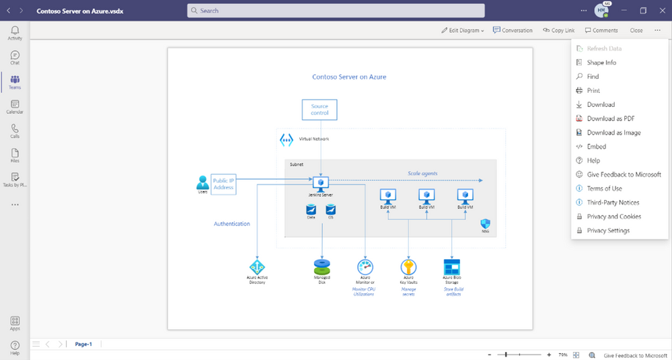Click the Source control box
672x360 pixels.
pyautogui.click(x=320, y=110)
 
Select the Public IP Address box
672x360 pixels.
pyautogui.click(x=223, y=183)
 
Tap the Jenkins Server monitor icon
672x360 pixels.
pyautogui.click(x=320, y=182)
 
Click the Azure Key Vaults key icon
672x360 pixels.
pyautogui.click(x=408, y=266)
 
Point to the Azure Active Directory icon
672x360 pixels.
pyautogui.click(x=257, y=267)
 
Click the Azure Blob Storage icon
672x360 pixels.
pyautogui.click(x=451, y=266)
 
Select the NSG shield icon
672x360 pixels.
pyautogui.click(x=485, y=223)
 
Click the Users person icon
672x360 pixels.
pyautogui.click(x=202, y=182)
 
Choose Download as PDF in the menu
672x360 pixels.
pyautogui.click(x=610, y=118)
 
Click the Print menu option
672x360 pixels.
pyautogui.click(x=593, y=90)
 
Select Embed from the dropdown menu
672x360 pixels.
pyautogui.click(x=596, y=146)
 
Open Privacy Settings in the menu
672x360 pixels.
pyautogui.click(x=608, y=230)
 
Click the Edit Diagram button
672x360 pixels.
pyautogui.click(x=463, y=30)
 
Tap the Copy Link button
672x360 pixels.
pyautogui.click(x=558, y=30)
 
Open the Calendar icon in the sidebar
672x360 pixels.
pyautogui.click(x=15, y=106)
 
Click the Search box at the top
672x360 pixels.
pyautogui.click(x=336, y=11)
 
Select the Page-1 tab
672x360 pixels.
pyautogui.click(x=83, y=344)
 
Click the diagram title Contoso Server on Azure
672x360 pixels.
pyautogui.click(x=349, y=77)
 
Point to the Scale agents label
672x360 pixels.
pyautogui.click(x=422, y=174)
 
